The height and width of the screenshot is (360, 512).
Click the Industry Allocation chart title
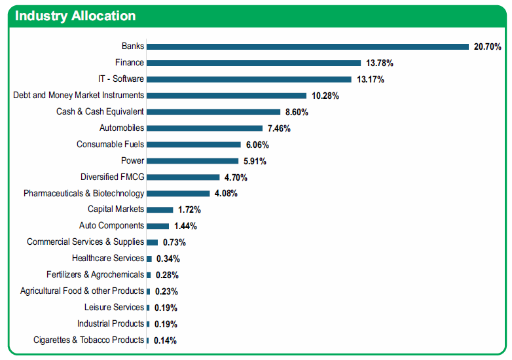point(75,16)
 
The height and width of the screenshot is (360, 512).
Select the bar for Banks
point(308,46)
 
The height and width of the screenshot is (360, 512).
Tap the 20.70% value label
point(488,46)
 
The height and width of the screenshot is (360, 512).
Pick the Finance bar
point(254,63)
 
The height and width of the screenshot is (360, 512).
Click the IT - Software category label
point(121,79)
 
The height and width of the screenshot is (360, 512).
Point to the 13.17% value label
point(371,79)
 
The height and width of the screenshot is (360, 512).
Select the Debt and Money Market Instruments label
point(79,95)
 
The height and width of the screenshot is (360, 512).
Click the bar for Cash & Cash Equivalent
point(213,112)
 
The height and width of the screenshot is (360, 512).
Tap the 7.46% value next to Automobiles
point(279,128)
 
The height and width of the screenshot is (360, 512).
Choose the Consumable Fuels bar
point(194,145)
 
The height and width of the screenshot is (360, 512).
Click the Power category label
point(132,160)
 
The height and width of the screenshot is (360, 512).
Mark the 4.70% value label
point(236,177)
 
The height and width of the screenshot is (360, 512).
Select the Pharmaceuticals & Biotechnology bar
point(178,194)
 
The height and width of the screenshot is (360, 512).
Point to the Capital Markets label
point(116,209)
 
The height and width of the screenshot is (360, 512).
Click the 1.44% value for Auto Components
point(185,226)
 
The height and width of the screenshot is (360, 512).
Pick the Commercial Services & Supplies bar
point(152,242)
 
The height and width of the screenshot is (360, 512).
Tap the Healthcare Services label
point(108,258)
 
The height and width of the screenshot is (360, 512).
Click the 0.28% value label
point(167,275)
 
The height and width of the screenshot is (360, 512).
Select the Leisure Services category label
point(115,307)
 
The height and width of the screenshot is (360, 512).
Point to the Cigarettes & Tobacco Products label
point(89,340)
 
